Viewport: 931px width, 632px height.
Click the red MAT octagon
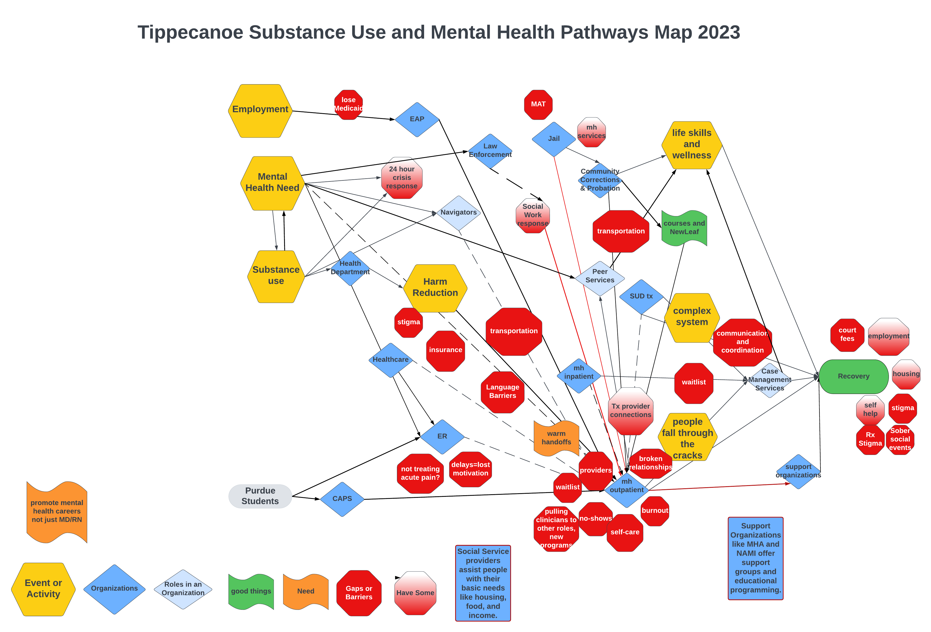coord(538,104)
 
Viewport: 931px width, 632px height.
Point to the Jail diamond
coord(554,139)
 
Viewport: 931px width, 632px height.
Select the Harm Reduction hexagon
coord(435,288)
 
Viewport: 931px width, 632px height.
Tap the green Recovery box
coord(853,376)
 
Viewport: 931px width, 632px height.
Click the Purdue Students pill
coord(260,496)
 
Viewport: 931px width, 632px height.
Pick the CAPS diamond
coord(342,499)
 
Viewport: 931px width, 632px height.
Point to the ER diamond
coord(442,436)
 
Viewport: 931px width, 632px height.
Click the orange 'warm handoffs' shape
coord(556,438)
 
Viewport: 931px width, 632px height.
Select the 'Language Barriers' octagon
coord(502,391)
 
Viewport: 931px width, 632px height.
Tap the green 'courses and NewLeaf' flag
coord(684,227)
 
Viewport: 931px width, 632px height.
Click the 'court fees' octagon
coord(847,335)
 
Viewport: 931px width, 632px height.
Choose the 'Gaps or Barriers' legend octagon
coord(359,593)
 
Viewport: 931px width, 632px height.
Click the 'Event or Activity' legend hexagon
coord(43,589)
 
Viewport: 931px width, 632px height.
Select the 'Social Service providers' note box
coord(483,583)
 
